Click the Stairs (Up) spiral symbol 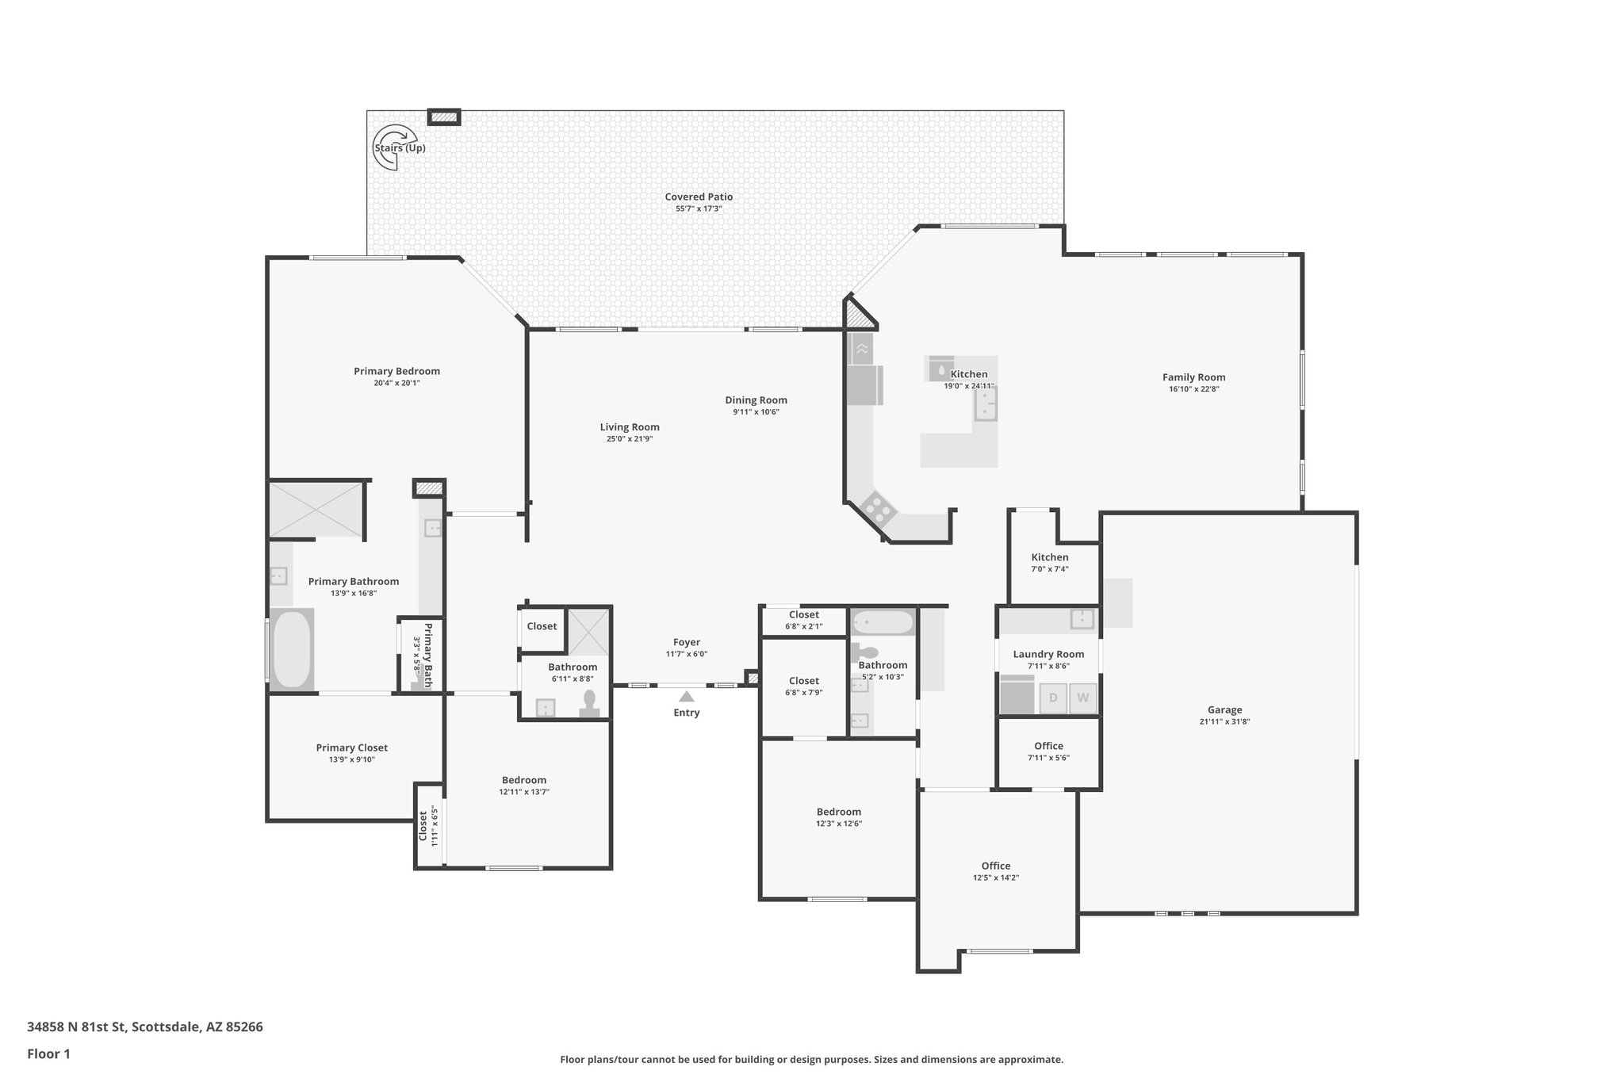click(x=394, y=147)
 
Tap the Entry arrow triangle click(x=687, y=697)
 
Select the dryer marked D click(x=1053, y=698)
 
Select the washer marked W click(x=1083, y=698)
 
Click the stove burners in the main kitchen click(x=878, y=508)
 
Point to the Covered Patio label click(x=699, y=197)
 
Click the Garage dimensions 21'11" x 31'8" click(x=1224, y=722)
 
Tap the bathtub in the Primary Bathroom click(x=291, y=648)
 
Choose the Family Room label click(x=1193, y=377)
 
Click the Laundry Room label click(x=1048, y=654)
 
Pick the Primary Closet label click(x=351, y=747)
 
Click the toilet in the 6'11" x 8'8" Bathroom click(x=589, y=702)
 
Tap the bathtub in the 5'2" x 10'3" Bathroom click(x=883, y=622)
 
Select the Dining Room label click(x=756, y=400)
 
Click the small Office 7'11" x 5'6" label click(x=1048, y=746)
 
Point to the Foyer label click(x=687, y=642)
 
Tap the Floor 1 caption click(x=48, y=1053)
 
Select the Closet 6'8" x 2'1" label click(x=803, y=614)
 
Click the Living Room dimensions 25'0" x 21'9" click(x=630, y=439)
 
